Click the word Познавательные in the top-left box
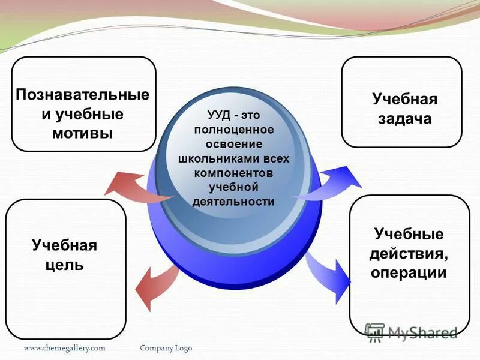pyautogui.click(x=83, y=95)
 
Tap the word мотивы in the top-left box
pyautogui.click(x=83, y=133)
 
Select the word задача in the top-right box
pyautogui.click(x=404, y=119)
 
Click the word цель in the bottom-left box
pyautogui.click(x=64, y=265)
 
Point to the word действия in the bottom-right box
pyautogui.click(x=408, y=253)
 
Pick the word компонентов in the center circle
pyautogui.click(x=233, y=173)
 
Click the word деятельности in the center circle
pyautogui.click(x=233, y=202)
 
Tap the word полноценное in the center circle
pyautogui.click(x=233, y=130)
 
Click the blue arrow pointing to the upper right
pyautogui.click(x=336, y=183)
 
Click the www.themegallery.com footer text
pyautogui.click(x=65, y=348)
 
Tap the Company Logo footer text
pyautogui.click(x=166, y=348)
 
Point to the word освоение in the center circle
pyautogui.click(x=233, y=144)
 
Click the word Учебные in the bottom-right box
pyautogui.click(x=408, y=233)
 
